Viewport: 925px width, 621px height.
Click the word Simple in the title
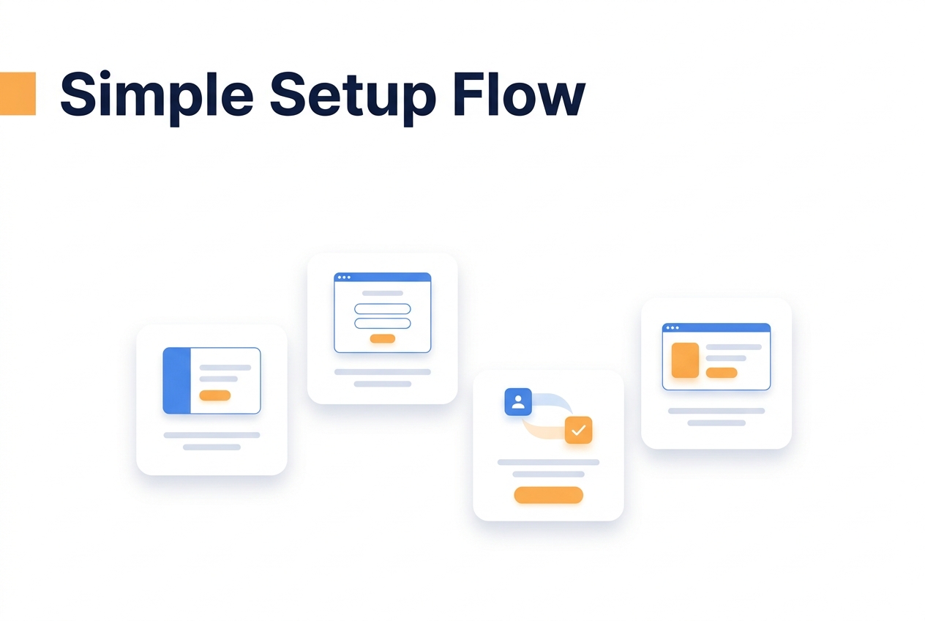(157, 97)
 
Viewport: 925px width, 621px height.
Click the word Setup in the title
(353, 97)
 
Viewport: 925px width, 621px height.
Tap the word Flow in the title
(519, 94)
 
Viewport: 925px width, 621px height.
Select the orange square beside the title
(18, 94)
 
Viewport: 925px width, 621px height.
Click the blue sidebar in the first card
(177, 381)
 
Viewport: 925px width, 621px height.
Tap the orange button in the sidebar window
(214, 395)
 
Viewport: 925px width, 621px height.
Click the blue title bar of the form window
(383, 278)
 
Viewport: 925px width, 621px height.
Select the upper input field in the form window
(383, 308)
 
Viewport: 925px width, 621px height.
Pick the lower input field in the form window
(383, 323)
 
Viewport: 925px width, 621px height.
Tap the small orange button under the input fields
(383, 339)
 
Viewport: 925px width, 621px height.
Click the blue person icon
(518, 402)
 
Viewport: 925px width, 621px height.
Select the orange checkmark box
(579, 430)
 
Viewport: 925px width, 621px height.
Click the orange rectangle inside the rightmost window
(685, 360)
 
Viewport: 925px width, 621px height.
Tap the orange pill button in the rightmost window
(722, 373)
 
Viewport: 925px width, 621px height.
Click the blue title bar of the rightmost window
(716, 327)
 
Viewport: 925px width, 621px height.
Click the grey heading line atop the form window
(383, 294)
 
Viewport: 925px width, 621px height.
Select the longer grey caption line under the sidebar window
(211, 435)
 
